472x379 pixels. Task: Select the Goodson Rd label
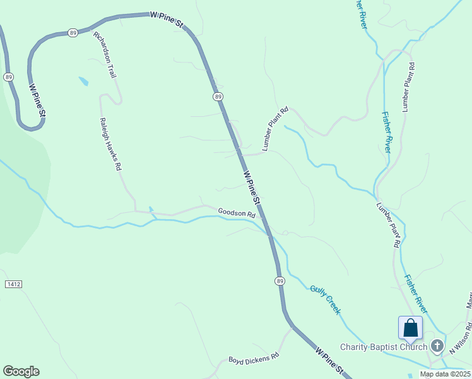click(x=237, y=214)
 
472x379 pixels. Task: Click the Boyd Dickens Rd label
click(x=254, y=358)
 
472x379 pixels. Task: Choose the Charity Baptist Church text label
click(x=384, y=347)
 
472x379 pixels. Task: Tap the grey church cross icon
click(x=437, y=346)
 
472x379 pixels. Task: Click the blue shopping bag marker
click(x=410, y=328)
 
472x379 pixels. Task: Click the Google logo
click(x=21, y=371)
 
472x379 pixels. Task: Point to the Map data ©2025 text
click(x=445, y=374)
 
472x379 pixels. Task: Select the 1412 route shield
click(x=13, y=285)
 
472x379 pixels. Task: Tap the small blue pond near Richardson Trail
click(x=83, y=81)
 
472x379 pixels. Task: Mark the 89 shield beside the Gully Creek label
click(x=280, y=280)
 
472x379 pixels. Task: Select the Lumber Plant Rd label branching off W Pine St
click(x=275, y=128)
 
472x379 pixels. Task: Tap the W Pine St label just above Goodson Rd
click(x=251, y=187)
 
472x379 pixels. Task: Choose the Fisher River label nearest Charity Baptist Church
click(x=416, y=293)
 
